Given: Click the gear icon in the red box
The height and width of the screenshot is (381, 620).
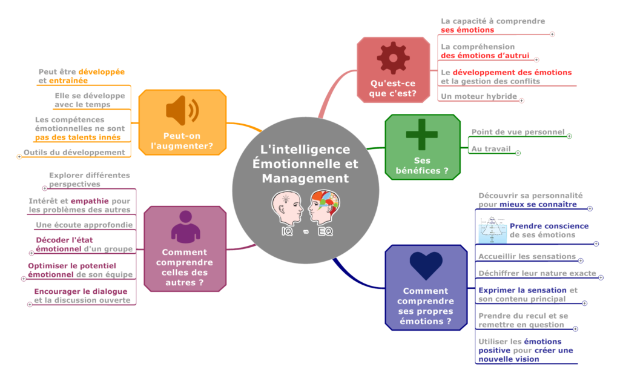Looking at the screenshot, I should point(393,58).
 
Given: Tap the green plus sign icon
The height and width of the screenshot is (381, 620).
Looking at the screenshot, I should point(421,135).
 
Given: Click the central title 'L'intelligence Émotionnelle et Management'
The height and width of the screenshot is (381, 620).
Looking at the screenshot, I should point(305,164).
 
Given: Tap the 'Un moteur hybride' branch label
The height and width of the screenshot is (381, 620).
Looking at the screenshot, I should point(478,96).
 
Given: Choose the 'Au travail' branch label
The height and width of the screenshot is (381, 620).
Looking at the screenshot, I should point(490,148).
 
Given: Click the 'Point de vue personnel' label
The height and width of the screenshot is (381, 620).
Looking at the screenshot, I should point(517,131).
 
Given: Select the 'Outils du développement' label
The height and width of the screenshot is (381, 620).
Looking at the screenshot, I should point(74,152).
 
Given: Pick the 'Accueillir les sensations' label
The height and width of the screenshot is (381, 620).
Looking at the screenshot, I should point(527,256).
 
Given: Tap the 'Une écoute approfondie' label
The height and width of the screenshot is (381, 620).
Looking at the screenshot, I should point(84,225).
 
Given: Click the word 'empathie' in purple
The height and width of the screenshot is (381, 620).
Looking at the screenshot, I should point(90,200).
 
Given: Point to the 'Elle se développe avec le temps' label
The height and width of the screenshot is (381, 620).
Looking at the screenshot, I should point(90,100).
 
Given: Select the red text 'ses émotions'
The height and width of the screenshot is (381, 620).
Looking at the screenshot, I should point(467,30).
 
